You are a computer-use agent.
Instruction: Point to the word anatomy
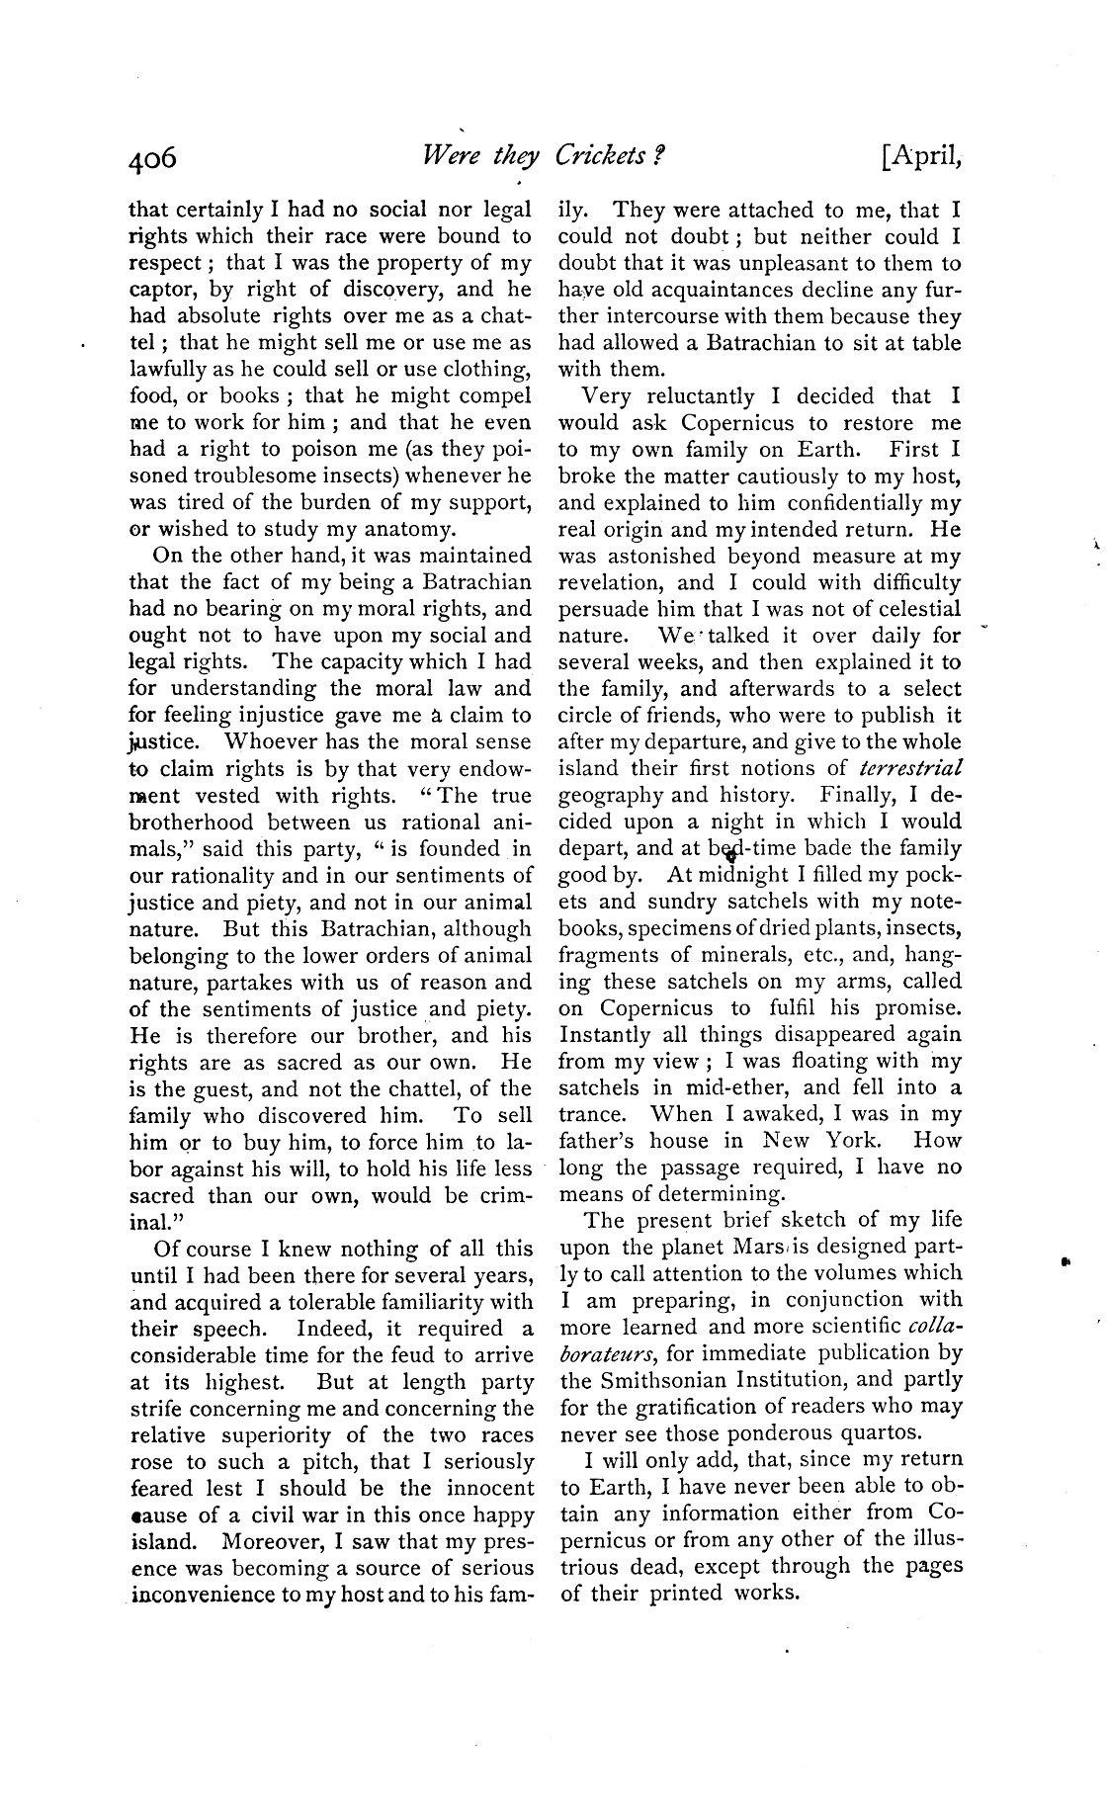(x=403, y=529)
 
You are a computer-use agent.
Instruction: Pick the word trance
(x=593, y=1114)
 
